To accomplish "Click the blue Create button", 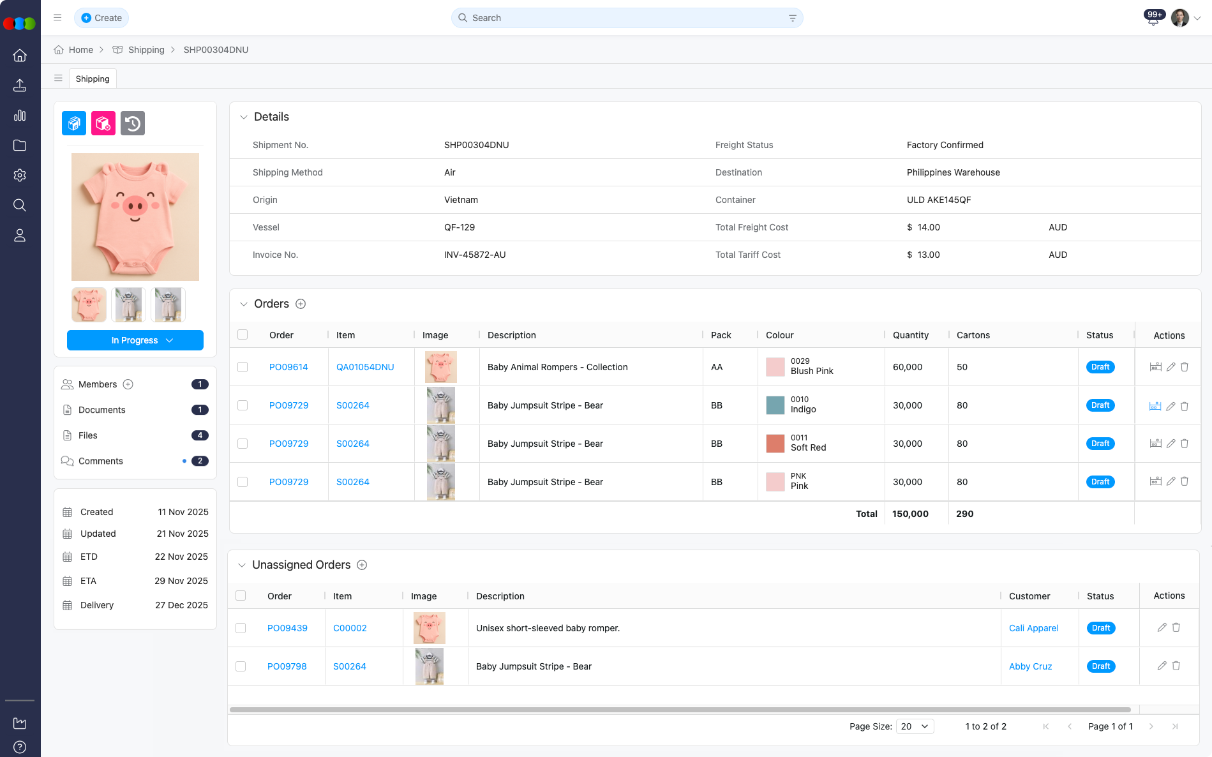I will (101, 18).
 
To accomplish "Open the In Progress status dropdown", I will (135, 340).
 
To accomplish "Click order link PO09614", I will (288, 367).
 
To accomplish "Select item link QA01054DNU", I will (365, 367).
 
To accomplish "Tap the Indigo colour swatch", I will (775, 405).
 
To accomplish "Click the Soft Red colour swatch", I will (775, 443).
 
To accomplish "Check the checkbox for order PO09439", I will (241, 628).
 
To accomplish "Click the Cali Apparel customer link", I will (1033, 628).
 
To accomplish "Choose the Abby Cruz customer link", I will (1030, 666).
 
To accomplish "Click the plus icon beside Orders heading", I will (301, 304).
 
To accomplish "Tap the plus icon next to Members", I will (128, 384).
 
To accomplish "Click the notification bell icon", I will (1153, 19).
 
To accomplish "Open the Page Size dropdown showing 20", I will (915, 726).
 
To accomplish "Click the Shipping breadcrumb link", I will (146, 50).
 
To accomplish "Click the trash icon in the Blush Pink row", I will (1185, 367).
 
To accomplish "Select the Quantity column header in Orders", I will (910, 335).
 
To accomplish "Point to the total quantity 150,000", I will (910, 514).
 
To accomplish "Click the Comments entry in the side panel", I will (101, 461).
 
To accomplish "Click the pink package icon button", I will (103, 123).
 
